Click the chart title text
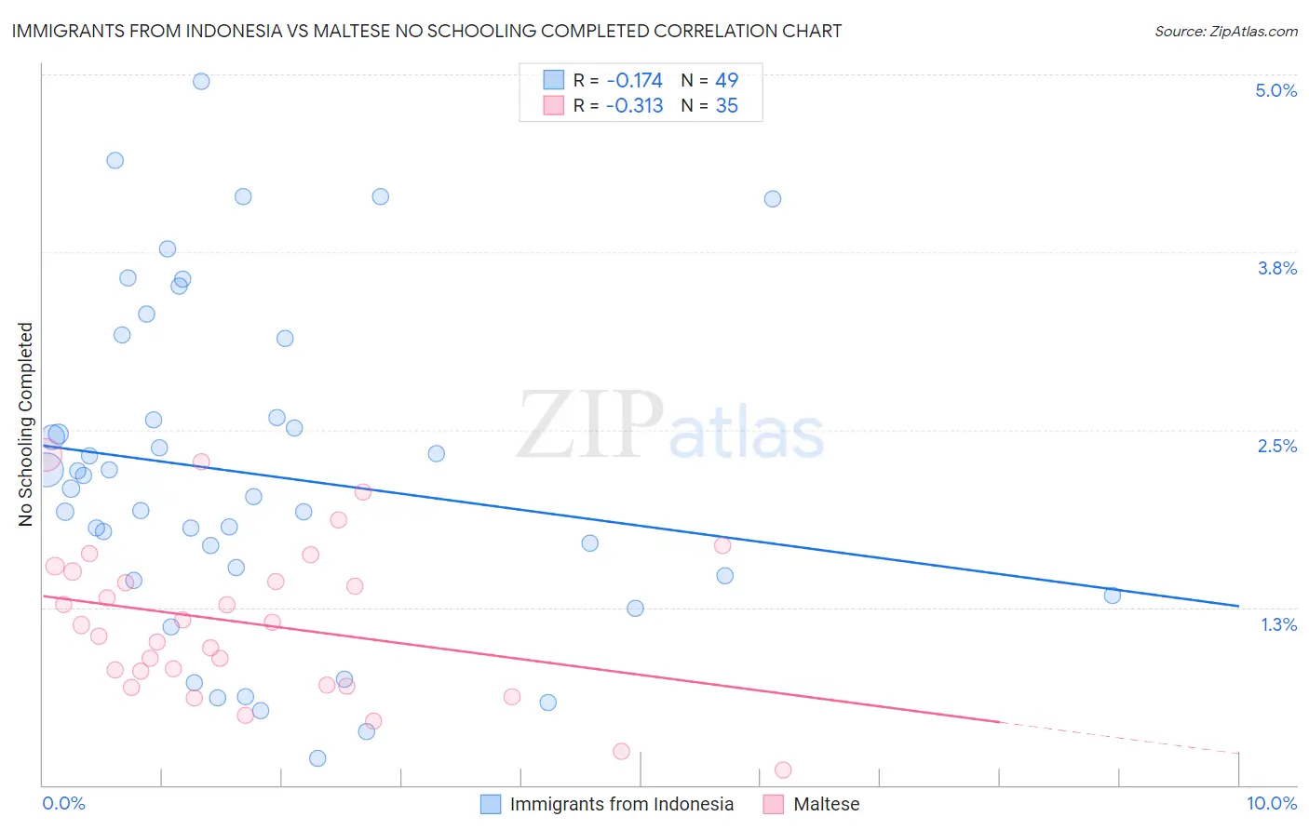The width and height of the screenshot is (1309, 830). (426, 31)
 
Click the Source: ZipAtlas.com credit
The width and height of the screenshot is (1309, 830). (1225, 32)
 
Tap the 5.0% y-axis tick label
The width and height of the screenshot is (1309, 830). (1275, 90)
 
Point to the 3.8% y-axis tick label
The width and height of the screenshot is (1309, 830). (1276, 268)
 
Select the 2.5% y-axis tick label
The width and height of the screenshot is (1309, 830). (1276, 446)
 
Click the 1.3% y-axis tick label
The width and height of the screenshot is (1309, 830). (1278, 624)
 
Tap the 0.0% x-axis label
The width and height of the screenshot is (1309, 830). (63, 803)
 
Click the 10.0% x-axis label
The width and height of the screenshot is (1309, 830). (1271, 803)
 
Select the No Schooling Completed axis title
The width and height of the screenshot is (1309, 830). (26, 424)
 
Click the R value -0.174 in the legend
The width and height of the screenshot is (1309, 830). (634, 81)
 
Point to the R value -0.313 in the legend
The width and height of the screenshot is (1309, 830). (634, 106)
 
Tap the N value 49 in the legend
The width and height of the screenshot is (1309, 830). (726, 81)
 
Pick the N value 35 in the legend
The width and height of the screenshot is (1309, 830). (726, 106)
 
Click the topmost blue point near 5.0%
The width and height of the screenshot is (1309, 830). (201, 81)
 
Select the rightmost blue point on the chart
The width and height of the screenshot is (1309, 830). (1112, 596)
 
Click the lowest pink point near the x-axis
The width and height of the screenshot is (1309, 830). (783, 770)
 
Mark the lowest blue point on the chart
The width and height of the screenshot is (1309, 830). (317, 758)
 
